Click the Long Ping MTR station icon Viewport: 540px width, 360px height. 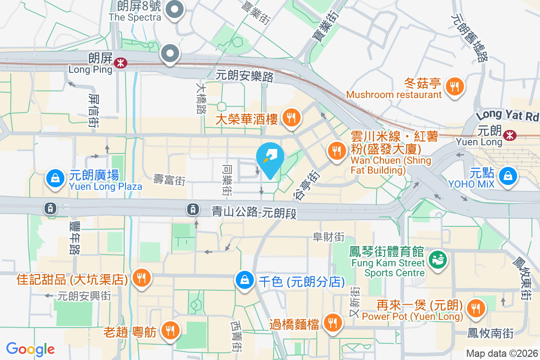click(120, 63)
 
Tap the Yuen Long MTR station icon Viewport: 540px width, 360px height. click(510, 135)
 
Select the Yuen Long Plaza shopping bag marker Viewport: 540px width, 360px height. click(54, 179)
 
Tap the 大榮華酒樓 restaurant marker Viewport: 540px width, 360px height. click(292, 118)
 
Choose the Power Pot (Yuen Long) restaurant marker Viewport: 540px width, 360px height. click(474, 308)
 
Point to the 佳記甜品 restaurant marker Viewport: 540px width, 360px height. click(142, 279)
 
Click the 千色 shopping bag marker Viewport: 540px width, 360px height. click(244, 280)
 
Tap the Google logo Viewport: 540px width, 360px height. click(31, 349)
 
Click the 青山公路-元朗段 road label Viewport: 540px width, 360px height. click(254, 212)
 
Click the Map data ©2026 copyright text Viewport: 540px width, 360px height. click(502, 354)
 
